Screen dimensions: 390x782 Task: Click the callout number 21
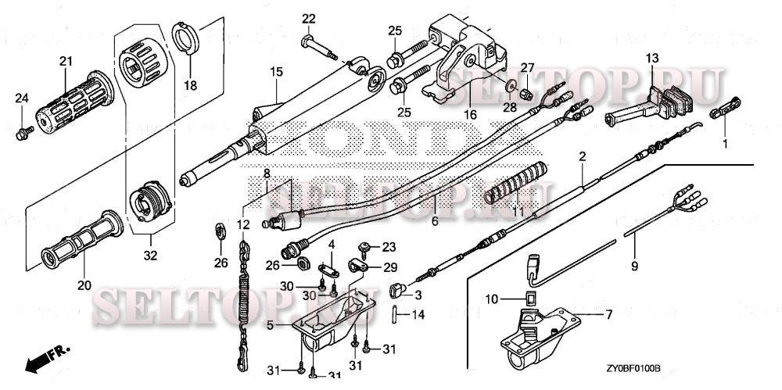click(66, 61)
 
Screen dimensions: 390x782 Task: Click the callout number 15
click(275, 73)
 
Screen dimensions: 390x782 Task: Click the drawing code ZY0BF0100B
click(633, 367)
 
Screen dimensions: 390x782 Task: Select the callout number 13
click(652, 57)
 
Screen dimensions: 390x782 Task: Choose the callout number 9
click(634, 267)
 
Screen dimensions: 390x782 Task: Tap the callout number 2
click(582, 157)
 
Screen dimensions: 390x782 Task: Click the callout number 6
click(435, 221)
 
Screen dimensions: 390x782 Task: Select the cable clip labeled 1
click(724, 108)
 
